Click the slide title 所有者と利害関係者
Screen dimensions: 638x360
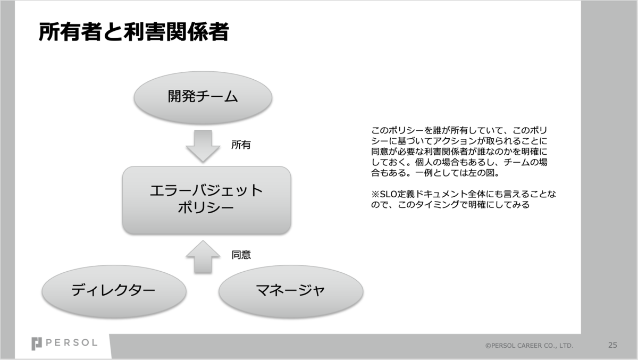[x=133, y=32]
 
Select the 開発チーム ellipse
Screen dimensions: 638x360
[x=203, y=97]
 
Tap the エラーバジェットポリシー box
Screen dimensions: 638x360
[x=206, y=199]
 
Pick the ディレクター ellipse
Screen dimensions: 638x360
[x=114, y=290]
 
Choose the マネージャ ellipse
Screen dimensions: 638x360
[x=291, y=290]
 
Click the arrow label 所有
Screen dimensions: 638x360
[x=241, y=145]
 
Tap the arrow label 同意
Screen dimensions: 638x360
[x=241, y=255]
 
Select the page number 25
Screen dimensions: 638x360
[x=612, y=345]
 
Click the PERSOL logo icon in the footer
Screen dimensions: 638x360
[x=37, y=344]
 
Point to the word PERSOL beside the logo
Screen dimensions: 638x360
[x=72, y=344]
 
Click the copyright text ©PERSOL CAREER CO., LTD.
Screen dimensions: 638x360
[x=529, y=346]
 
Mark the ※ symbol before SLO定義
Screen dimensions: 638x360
[x=374, y=194]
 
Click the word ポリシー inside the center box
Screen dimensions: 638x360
[x=206, y=208]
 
